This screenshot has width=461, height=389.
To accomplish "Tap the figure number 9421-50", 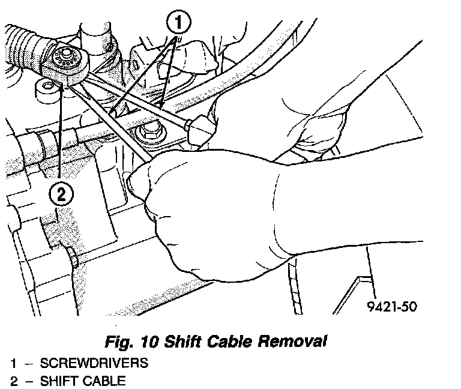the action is click(391, 307).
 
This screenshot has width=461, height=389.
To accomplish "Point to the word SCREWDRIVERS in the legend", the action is click(94, 364).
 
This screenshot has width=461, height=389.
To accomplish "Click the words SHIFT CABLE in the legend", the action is click(83, 380).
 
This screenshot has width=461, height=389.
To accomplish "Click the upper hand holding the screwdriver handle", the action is click(252, 114).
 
